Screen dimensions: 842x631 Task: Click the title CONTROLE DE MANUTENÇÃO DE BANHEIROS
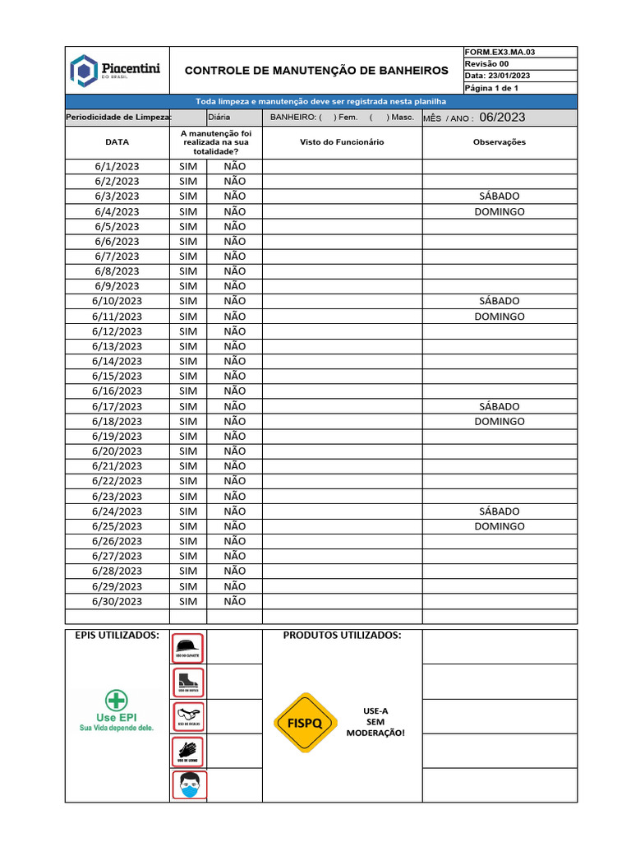[316, 71]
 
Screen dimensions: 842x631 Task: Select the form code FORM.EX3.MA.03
[500, 52]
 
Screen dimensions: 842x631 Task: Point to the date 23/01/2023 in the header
[509, 76]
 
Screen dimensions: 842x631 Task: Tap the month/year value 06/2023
[502, 118]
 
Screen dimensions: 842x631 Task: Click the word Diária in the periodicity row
[219, 118]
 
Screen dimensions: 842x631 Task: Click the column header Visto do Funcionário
[342, 141]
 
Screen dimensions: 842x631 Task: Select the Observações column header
[499, 141]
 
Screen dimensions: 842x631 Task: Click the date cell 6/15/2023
[117, 376]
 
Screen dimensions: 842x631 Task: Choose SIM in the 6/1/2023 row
[188, 166]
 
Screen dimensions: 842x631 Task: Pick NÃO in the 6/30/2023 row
[234, 601]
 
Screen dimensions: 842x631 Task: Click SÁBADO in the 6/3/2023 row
[499, 197]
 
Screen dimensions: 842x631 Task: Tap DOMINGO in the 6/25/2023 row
[499, 526]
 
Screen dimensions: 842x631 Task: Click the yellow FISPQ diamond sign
[305, 723]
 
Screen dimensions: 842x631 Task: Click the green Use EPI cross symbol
[117, 701]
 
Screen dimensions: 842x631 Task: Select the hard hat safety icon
[188, 647]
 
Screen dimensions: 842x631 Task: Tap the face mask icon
[189, 785]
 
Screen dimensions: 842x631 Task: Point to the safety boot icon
[188, 682]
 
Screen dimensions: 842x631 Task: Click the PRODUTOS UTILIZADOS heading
[342, 636]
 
